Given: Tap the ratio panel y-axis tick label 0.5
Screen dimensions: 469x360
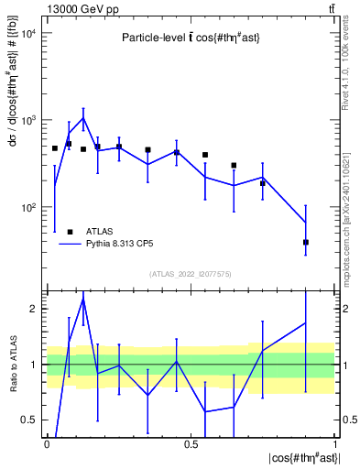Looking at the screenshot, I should coord(28,420).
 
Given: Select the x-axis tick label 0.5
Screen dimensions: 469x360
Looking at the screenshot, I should coord(191,443).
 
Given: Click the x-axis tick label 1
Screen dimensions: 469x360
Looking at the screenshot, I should coord(335,443).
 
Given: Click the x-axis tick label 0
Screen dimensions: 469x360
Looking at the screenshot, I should coord(47,443).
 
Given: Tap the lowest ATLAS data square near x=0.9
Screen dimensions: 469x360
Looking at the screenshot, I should coord(306,243).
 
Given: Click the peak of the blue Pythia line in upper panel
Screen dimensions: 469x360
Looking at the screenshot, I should coord(83,118).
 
